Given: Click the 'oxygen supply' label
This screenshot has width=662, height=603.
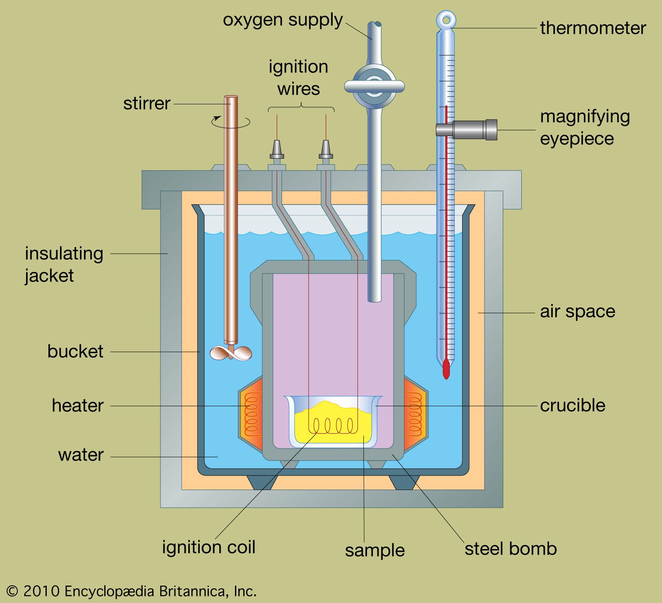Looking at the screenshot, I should click(283, 20).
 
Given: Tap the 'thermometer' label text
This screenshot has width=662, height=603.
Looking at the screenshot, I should click(592, 28).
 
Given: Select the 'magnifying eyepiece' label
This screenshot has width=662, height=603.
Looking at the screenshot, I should click(585, 127).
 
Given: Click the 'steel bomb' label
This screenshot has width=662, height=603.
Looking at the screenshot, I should click(511, 549).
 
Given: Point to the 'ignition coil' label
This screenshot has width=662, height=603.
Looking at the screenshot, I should click(209, 547).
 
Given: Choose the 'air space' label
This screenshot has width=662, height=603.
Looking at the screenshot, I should click(577, 311).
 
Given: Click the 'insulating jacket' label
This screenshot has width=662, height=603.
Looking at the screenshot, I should click(64, 264).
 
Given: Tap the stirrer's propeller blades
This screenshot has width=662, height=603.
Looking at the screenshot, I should click(230, 353).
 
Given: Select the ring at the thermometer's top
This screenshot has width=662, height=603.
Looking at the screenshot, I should click(446, 19).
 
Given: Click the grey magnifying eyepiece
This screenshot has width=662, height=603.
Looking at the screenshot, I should click(472, 129).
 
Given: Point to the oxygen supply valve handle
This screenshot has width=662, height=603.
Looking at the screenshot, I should click(374, 86).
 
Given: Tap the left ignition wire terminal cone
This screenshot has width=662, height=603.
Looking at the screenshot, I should click(277, 149).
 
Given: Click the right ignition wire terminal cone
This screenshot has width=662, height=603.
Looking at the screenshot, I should click(326, 149).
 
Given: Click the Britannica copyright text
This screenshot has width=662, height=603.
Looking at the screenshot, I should click(132, 591).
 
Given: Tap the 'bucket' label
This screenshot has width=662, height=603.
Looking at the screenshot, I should click(75, 351).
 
